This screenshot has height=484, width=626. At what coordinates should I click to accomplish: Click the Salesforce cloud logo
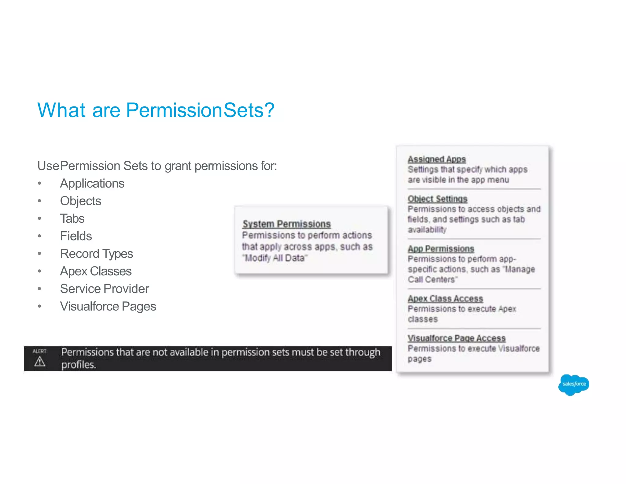573,384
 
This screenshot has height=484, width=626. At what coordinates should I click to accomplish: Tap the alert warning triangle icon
40,362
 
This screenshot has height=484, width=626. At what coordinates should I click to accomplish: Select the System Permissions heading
286,224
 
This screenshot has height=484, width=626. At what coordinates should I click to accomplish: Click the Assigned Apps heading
436,159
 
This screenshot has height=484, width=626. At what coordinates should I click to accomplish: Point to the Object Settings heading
437,199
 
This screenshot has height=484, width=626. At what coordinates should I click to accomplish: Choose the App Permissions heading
441,249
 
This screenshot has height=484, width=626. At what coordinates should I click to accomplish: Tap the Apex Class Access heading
445,299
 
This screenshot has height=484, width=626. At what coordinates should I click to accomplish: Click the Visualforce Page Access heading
456,338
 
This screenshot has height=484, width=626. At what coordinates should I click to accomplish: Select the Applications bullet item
92,184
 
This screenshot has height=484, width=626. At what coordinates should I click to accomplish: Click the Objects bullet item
80,201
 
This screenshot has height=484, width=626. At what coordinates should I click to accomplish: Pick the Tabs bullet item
72,218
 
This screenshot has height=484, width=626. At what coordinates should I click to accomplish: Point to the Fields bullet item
76,236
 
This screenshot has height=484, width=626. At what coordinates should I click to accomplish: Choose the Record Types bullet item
96,254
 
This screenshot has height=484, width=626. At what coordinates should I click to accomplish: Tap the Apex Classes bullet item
96,271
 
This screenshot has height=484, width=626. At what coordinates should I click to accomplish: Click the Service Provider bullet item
104,289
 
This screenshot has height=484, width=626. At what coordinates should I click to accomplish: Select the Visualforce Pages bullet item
108,306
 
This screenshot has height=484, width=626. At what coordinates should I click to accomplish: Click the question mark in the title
269,110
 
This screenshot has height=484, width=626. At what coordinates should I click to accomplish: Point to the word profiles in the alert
78,365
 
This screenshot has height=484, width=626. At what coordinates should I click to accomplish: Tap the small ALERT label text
40,351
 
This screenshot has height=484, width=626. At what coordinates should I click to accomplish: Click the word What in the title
61,110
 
